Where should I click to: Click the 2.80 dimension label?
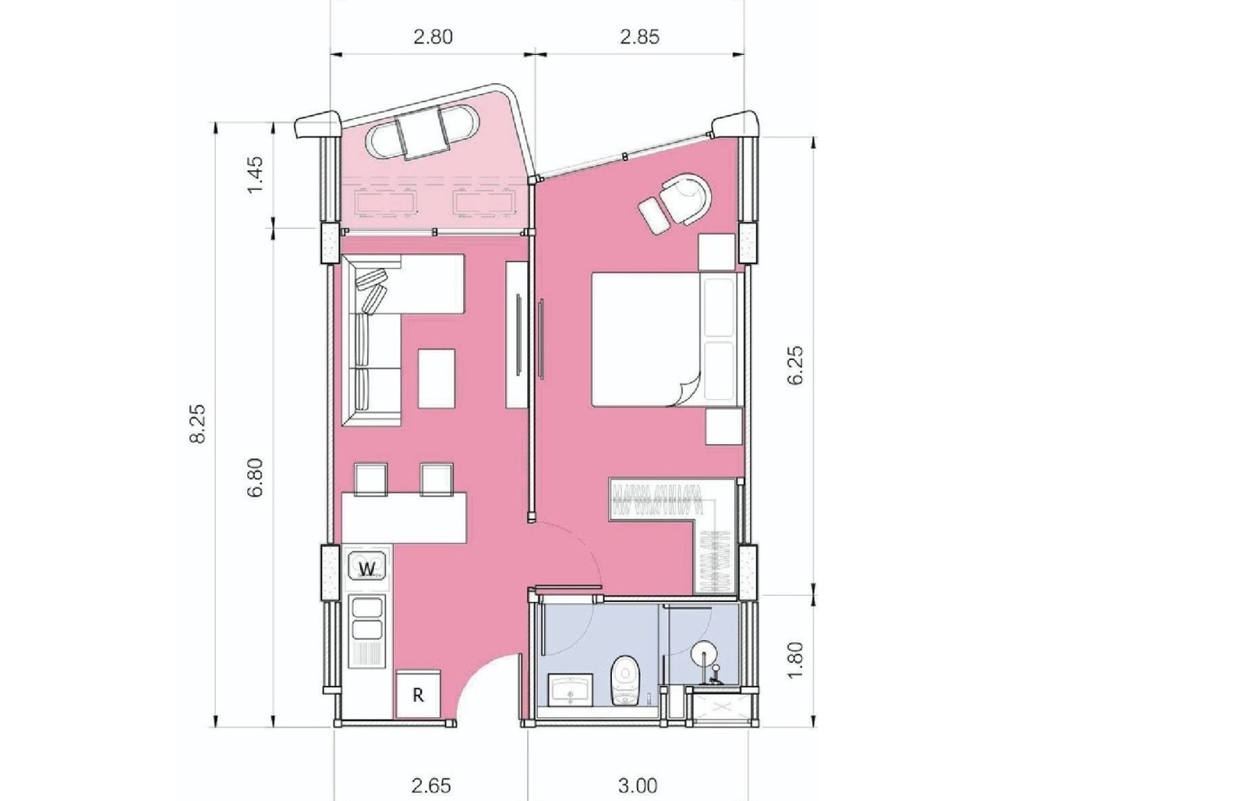click(433, 37)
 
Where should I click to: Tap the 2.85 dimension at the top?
click(639, 37)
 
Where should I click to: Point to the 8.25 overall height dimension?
click(198, 424)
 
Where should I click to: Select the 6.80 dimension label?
click(255, 478)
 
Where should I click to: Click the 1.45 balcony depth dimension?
click(255, 175)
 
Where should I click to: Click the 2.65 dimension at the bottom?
click(431, 785)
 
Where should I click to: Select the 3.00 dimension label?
click(638, 785)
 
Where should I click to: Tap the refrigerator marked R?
click(418, 695)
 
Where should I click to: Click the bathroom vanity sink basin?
click(570, 689)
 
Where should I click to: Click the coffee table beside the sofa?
click(436, 378)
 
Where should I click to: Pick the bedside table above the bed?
click(716, 252)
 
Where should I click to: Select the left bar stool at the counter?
click(371, 480)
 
